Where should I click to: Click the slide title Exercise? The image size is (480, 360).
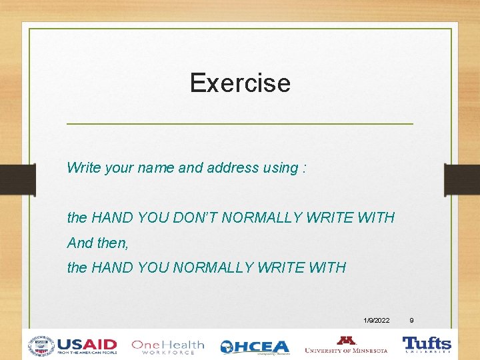(240, 83)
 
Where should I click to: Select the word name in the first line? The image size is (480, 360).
(155, 168)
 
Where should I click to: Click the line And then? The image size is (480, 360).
(98, 243)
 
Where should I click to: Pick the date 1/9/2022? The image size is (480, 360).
(377, 321)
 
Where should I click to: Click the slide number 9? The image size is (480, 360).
(411, 321)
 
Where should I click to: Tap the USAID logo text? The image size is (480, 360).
(87, 345)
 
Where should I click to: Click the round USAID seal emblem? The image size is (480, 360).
(41, 346)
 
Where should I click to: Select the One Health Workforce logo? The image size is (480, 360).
(167, 346)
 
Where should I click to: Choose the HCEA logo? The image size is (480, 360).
(255, 347)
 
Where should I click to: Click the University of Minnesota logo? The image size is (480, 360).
(346, 345)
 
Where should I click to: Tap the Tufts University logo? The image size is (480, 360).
(427, 344)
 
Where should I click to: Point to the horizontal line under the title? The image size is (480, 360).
(240, 124)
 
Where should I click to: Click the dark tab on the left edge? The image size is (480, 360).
(17, 179)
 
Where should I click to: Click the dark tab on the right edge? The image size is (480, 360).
(462, 179)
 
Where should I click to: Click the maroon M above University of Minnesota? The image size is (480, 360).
(346, 339)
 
